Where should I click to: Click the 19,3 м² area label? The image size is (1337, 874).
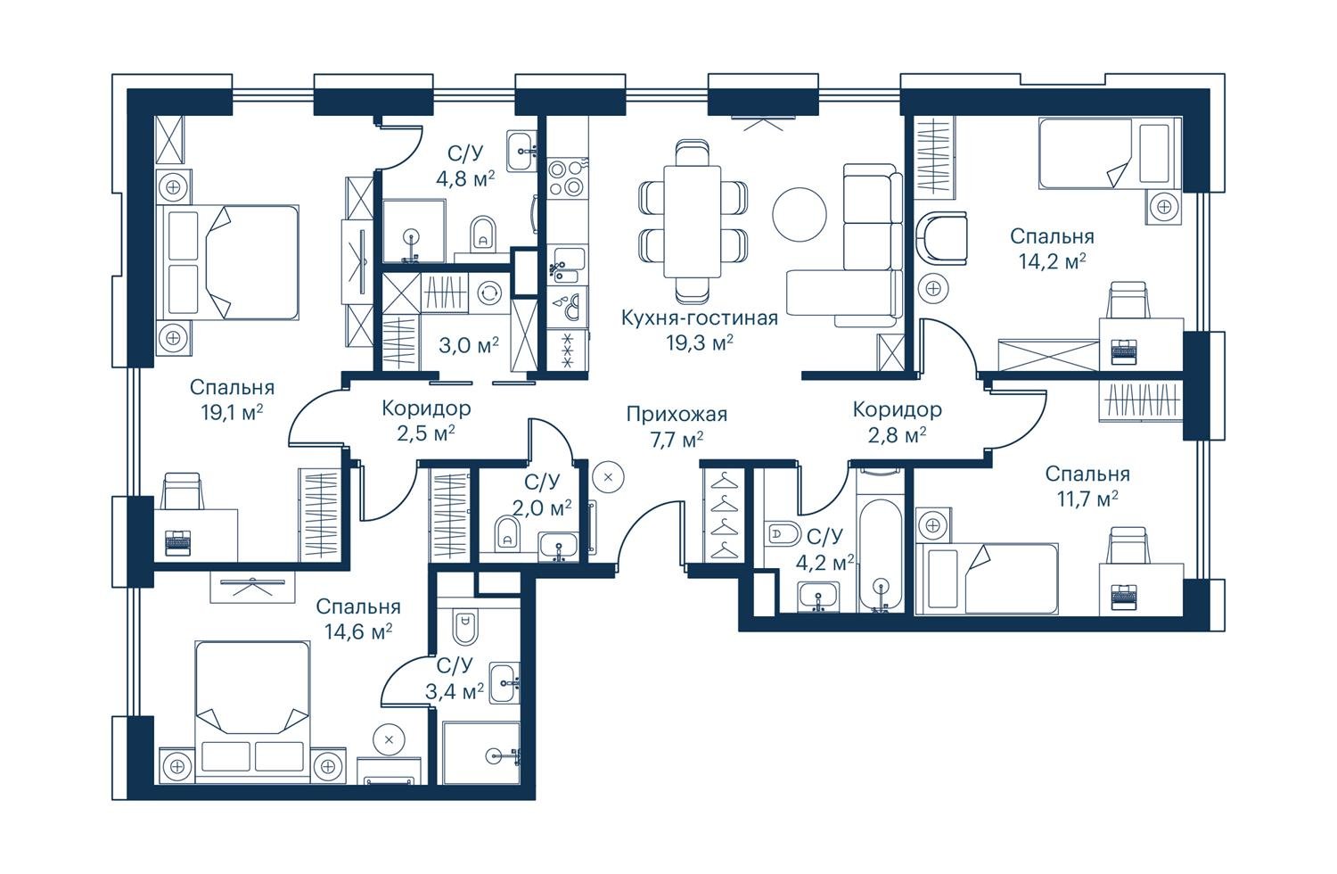[x=700, y=342]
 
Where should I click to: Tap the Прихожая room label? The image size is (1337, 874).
[x=677, y=414]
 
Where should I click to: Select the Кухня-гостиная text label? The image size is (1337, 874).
[x=700, y=317]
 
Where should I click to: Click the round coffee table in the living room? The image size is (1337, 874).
[x=800, y=214]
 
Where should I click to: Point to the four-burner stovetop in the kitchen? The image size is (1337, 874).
[x=566, y=177]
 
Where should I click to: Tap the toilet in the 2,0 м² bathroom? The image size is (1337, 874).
[x=507, y=532]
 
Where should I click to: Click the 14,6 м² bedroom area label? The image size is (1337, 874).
[x=357, y=631]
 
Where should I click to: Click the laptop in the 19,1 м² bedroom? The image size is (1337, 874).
[x=177, y=542]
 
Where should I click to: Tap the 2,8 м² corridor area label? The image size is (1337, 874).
[x=897, y=435]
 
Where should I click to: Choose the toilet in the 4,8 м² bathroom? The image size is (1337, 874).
[x=483, y=233]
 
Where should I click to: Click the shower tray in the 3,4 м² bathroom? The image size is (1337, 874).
[x=481, y=752]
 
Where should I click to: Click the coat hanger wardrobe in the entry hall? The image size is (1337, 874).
[x=723, y=515]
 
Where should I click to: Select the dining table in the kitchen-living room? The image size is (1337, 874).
[x=693, y=221]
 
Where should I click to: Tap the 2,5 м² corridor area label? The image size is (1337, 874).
[x=426, y=433]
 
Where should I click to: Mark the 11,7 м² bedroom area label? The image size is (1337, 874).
[x=1087, y=499]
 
